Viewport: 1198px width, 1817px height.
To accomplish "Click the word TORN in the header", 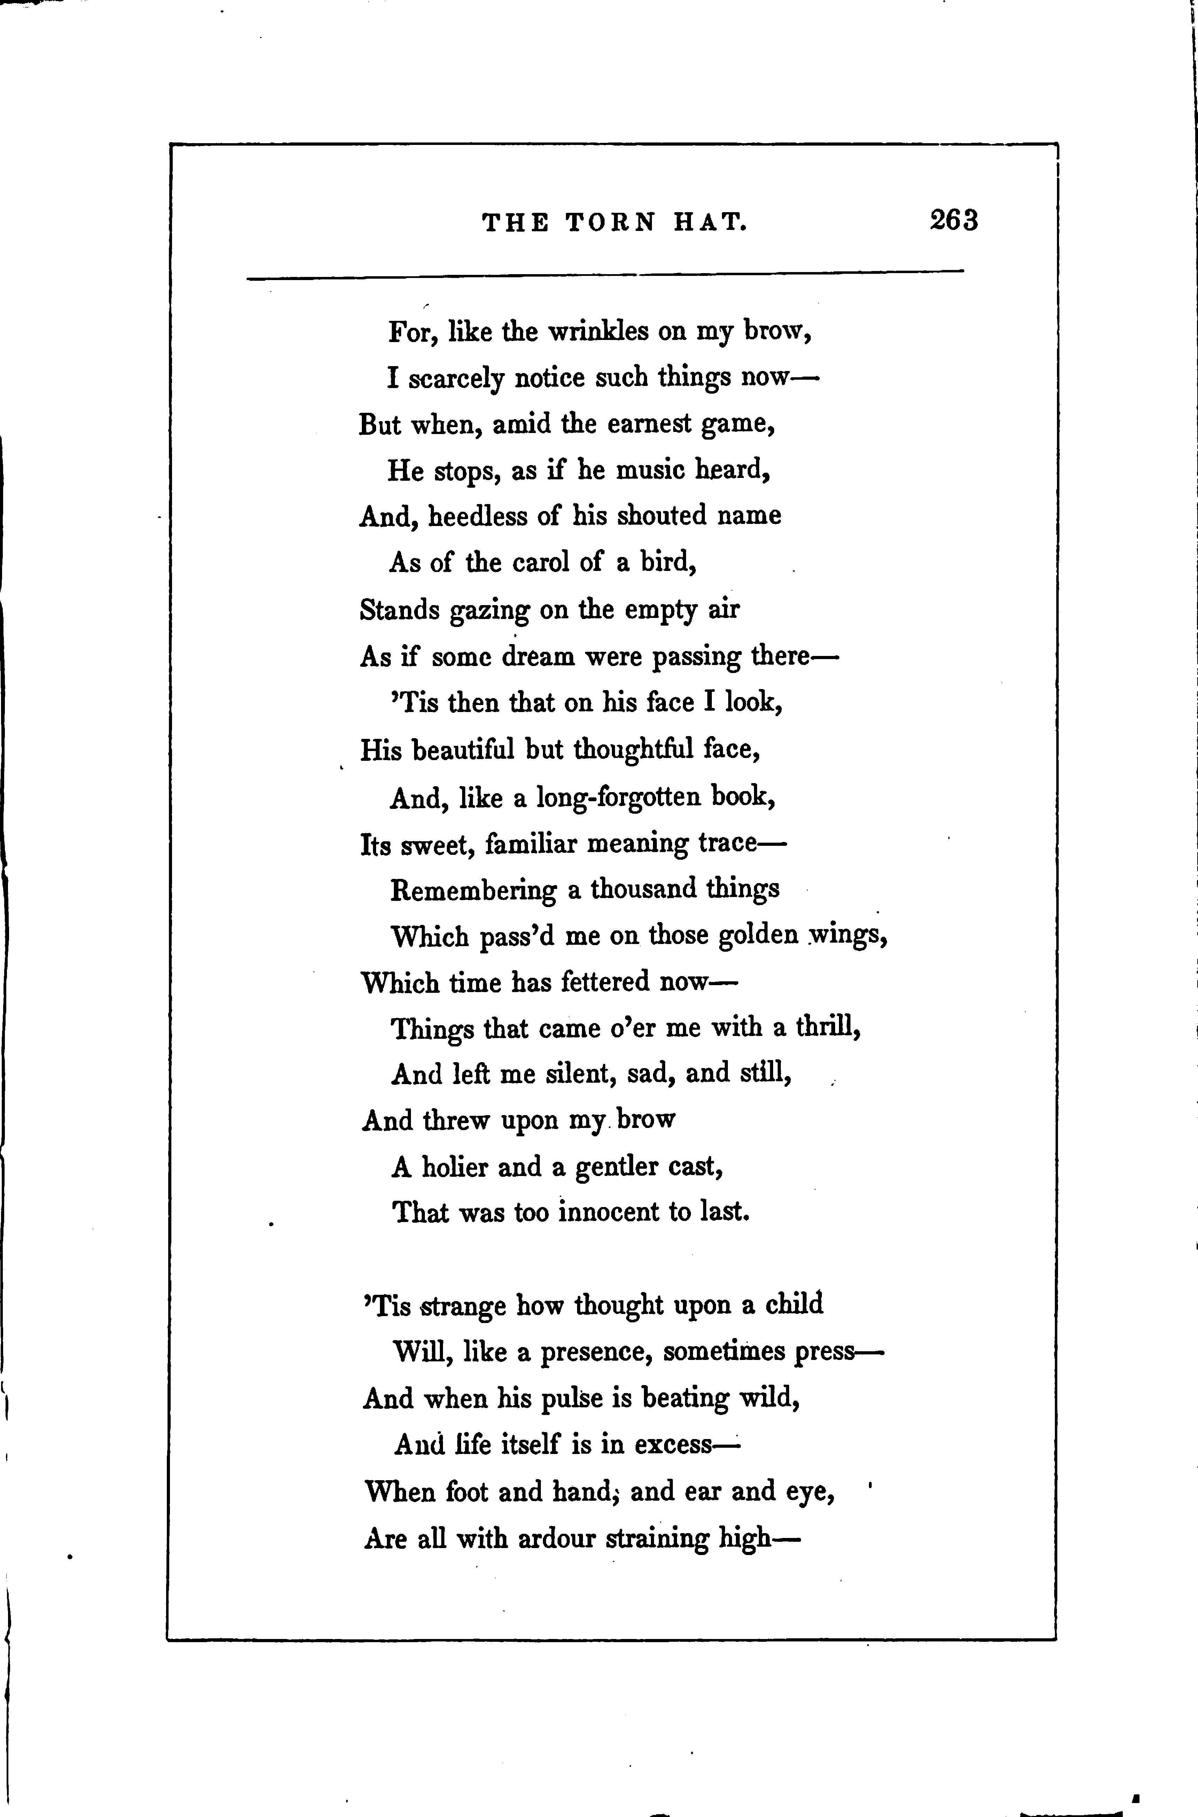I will pos(610,222).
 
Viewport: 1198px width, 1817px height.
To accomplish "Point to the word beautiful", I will pos(463,750).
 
